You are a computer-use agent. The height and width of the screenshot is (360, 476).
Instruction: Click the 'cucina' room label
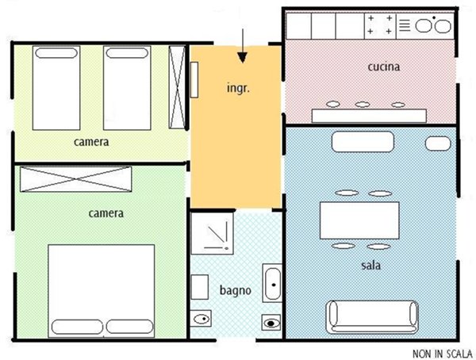click(x=384, y=67)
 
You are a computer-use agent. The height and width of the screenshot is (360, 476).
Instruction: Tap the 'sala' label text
click(x=371, y=266)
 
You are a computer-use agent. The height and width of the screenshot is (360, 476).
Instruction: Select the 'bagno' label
click(x=236, y=291)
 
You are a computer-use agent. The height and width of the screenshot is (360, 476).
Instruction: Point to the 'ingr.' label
click(x=238, y=88)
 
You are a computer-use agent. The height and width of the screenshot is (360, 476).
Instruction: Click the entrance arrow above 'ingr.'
click(x=242, y=46)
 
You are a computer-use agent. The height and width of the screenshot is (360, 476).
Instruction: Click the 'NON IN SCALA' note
click(x=443, y=354)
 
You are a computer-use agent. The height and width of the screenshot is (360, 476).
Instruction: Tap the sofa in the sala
click(x=372, y=317)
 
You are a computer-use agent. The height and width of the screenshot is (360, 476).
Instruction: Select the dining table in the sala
click(x=359, y=220)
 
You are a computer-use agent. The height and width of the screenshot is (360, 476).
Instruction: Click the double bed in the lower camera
click(x=102, y=291)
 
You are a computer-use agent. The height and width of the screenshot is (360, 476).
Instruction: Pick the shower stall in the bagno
click(x=212, y=233)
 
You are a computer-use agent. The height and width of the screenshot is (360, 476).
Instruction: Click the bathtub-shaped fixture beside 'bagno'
click(x=272, y=283)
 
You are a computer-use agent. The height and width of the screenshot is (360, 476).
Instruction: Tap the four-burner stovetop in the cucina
click(x=380, y=25)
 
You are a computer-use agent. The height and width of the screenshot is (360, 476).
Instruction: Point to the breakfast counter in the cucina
click(x=369, y=116)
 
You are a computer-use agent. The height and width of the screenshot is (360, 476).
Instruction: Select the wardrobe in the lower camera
click(x=76, y=179)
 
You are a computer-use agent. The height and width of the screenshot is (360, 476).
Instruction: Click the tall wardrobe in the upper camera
click(x=177, y=87)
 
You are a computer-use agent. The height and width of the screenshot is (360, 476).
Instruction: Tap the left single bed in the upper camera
click(x=56, y=88)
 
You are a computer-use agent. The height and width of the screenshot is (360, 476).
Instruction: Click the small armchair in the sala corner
click(x=438, y=144)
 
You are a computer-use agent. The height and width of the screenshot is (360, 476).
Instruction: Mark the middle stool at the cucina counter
click(x=363, y=105)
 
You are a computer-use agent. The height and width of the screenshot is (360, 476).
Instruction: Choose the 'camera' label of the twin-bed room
click(x=91, y=142)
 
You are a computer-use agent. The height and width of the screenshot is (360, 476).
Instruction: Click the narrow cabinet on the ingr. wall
click(x=194, y=80)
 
